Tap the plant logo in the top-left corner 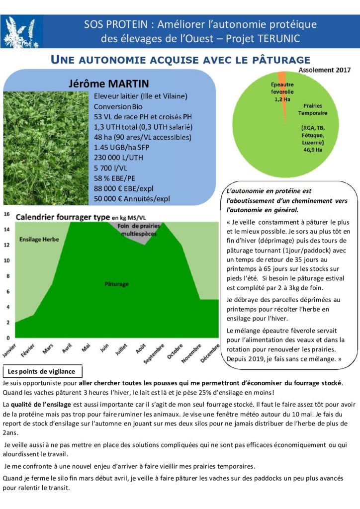pyautogui.click(x=20, y=31)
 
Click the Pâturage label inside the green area pyautogui.click(x=117, y=284)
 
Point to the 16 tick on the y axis pyautogui.click(x=7, y=214)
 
